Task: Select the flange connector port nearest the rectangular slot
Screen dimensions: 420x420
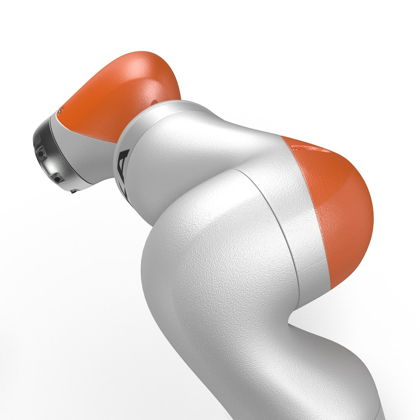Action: (41, 155)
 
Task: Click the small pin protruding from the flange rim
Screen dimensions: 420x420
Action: (73, 191)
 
